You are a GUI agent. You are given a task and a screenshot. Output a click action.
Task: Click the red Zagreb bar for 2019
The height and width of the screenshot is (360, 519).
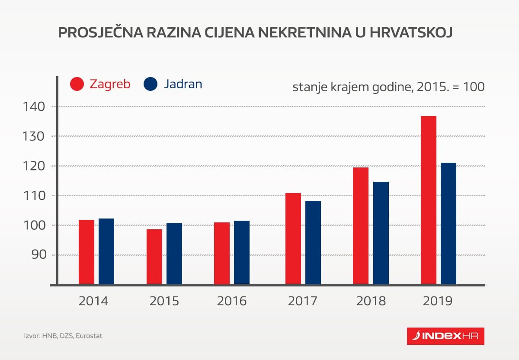coord(428,200)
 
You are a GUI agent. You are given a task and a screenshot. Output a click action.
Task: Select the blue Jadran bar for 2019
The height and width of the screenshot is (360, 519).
coord(448,223)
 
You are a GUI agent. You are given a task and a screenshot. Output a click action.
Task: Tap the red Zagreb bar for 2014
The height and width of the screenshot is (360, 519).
coord(86,252)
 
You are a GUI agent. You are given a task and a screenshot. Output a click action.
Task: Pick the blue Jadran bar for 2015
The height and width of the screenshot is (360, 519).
coord(174,254)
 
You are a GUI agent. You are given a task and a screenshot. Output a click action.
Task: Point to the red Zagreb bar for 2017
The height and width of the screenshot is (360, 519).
coord(293,238)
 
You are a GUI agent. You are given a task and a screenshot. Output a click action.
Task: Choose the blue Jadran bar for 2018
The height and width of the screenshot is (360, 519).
coord(381,233)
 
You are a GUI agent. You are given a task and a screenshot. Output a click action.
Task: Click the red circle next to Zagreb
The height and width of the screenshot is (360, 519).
coord(77,84)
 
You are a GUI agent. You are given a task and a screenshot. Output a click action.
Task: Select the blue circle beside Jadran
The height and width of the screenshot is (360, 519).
coord(151,84)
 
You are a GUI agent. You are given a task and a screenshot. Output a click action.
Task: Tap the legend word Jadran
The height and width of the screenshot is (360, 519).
coord(183,84)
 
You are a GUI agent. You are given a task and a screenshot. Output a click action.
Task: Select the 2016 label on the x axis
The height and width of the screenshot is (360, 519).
coord(232,301)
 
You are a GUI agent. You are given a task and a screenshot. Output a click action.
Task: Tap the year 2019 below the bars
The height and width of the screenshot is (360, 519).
coord(438,301)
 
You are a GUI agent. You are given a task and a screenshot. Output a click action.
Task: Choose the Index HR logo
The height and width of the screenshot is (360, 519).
coord(445,336)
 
